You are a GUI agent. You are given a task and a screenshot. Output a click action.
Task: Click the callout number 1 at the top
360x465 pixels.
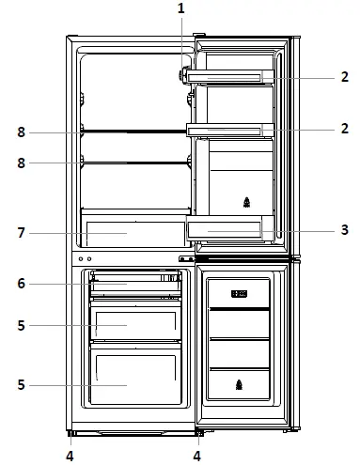[181, 8]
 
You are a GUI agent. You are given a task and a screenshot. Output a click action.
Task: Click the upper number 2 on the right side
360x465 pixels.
[344, 77]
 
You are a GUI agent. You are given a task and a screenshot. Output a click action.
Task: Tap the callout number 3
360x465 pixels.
[344, 228]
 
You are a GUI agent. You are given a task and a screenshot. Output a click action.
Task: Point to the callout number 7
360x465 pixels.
[21, 232]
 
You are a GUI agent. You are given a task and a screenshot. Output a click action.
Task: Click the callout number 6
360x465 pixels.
[21, 283]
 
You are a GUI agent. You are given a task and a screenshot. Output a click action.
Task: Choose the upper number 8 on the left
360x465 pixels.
[21, 132]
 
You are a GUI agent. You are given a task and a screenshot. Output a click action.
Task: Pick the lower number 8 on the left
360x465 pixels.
[21, 163]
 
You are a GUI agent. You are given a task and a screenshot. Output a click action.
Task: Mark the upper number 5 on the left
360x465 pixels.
[21, 325]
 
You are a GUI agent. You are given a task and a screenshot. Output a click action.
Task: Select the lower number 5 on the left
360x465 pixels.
[21, 384]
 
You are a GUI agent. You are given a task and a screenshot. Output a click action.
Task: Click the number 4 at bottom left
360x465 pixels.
[69, 456]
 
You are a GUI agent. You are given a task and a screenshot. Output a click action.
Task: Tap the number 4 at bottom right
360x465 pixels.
[197, 456]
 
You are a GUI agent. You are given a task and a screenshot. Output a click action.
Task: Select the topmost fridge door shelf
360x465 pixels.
[230, 76]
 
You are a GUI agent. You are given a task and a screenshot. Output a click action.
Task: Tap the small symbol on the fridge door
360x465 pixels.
[246, 201]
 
